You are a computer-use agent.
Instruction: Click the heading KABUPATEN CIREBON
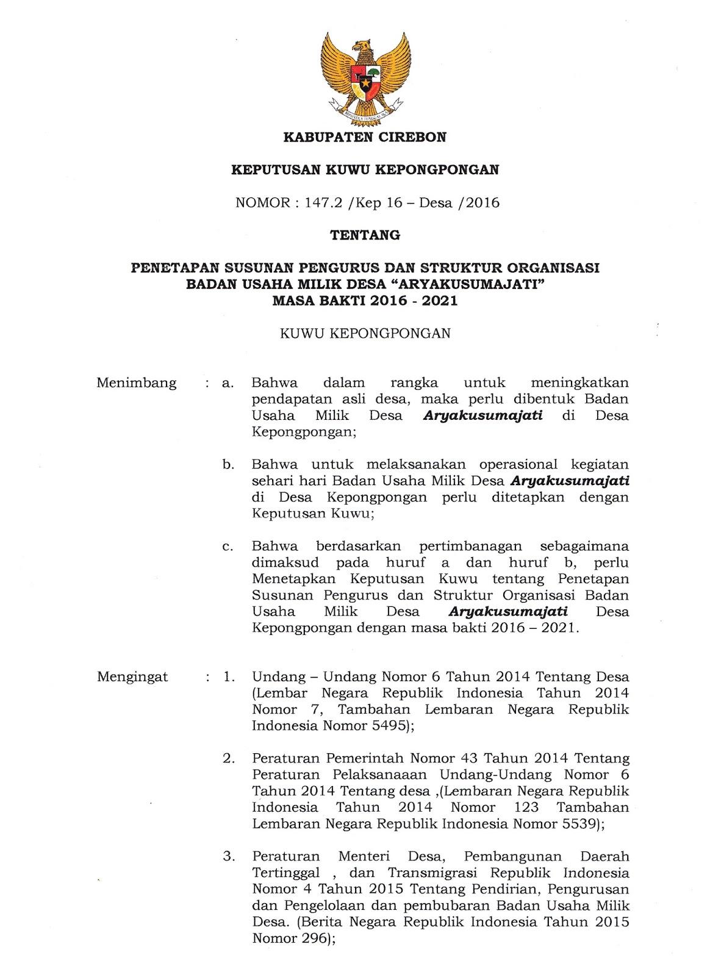click(x=365, y=138)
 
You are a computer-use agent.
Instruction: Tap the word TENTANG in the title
click(x=365, y=235)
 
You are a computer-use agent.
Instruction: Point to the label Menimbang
click(x=137, y=383)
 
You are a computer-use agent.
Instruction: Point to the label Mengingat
click(x=132, y=677)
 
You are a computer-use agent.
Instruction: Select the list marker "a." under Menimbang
click(x=229, y=384)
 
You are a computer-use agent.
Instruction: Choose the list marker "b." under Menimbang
click(x=229, y=465)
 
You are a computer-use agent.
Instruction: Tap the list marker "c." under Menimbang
click(x=228, y=546)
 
